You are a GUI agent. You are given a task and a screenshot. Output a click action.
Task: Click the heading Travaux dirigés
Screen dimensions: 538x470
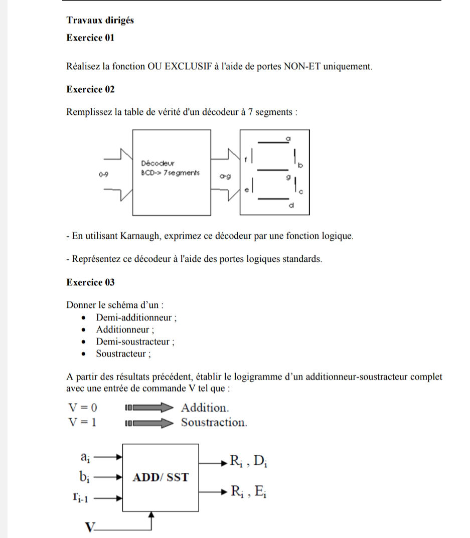100,20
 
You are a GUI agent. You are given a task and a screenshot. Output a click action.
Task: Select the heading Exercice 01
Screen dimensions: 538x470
90,38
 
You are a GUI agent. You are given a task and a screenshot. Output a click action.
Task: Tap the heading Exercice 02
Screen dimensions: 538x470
90,89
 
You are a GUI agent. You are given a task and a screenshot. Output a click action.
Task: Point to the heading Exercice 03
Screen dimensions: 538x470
90,282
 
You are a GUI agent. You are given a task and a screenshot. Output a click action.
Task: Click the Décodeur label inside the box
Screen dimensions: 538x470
157,163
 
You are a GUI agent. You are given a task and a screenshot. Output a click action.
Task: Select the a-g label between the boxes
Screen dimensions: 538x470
224,176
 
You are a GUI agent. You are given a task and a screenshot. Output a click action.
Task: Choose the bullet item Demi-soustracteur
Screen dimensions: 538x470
135,342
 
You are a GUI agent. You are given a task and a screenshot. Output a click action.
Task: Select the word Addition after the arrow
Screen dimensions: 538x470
206,407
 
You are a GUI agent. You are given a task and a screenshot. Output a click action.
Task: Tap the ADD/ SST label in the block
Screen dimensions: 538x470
161,477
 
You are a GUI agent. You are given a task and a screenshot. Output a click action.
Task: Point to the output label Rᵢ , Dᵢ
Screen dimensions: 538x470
248,460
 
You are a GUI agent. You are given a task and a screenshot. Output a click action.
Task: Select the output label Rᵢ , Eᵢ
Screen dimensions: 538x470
248,491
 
